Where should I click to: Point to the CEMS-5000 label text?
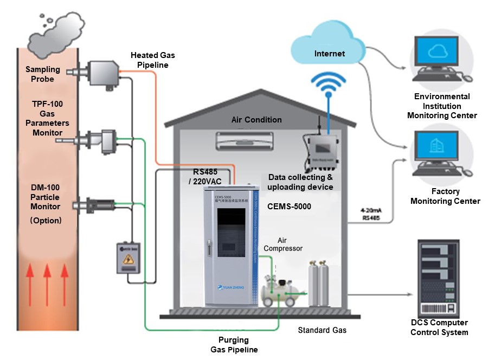pos(289,207)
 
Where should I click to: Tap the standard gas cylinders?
pos(319,283)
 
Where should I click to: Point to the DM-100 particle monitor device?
pos(98,206)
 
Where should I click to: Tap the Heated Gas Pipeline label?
pos(153,60)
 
